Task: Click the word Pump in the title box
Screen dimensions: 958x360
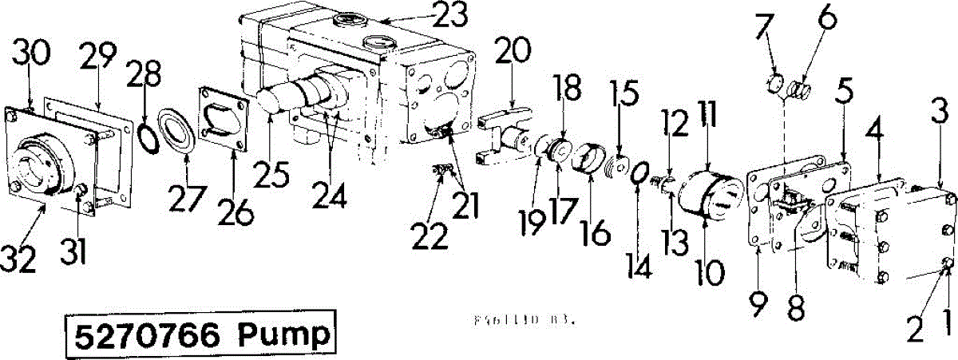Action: click(285, 334)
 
